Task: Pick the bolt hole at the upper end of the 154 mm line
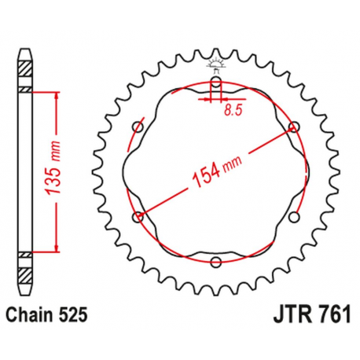coord(294,126)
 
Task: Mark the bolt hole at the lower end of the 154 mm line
coord(139,215)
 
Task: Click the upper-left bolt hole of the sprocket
coord(139,126)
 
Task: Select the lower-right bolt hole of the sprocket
coord(294,215)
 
